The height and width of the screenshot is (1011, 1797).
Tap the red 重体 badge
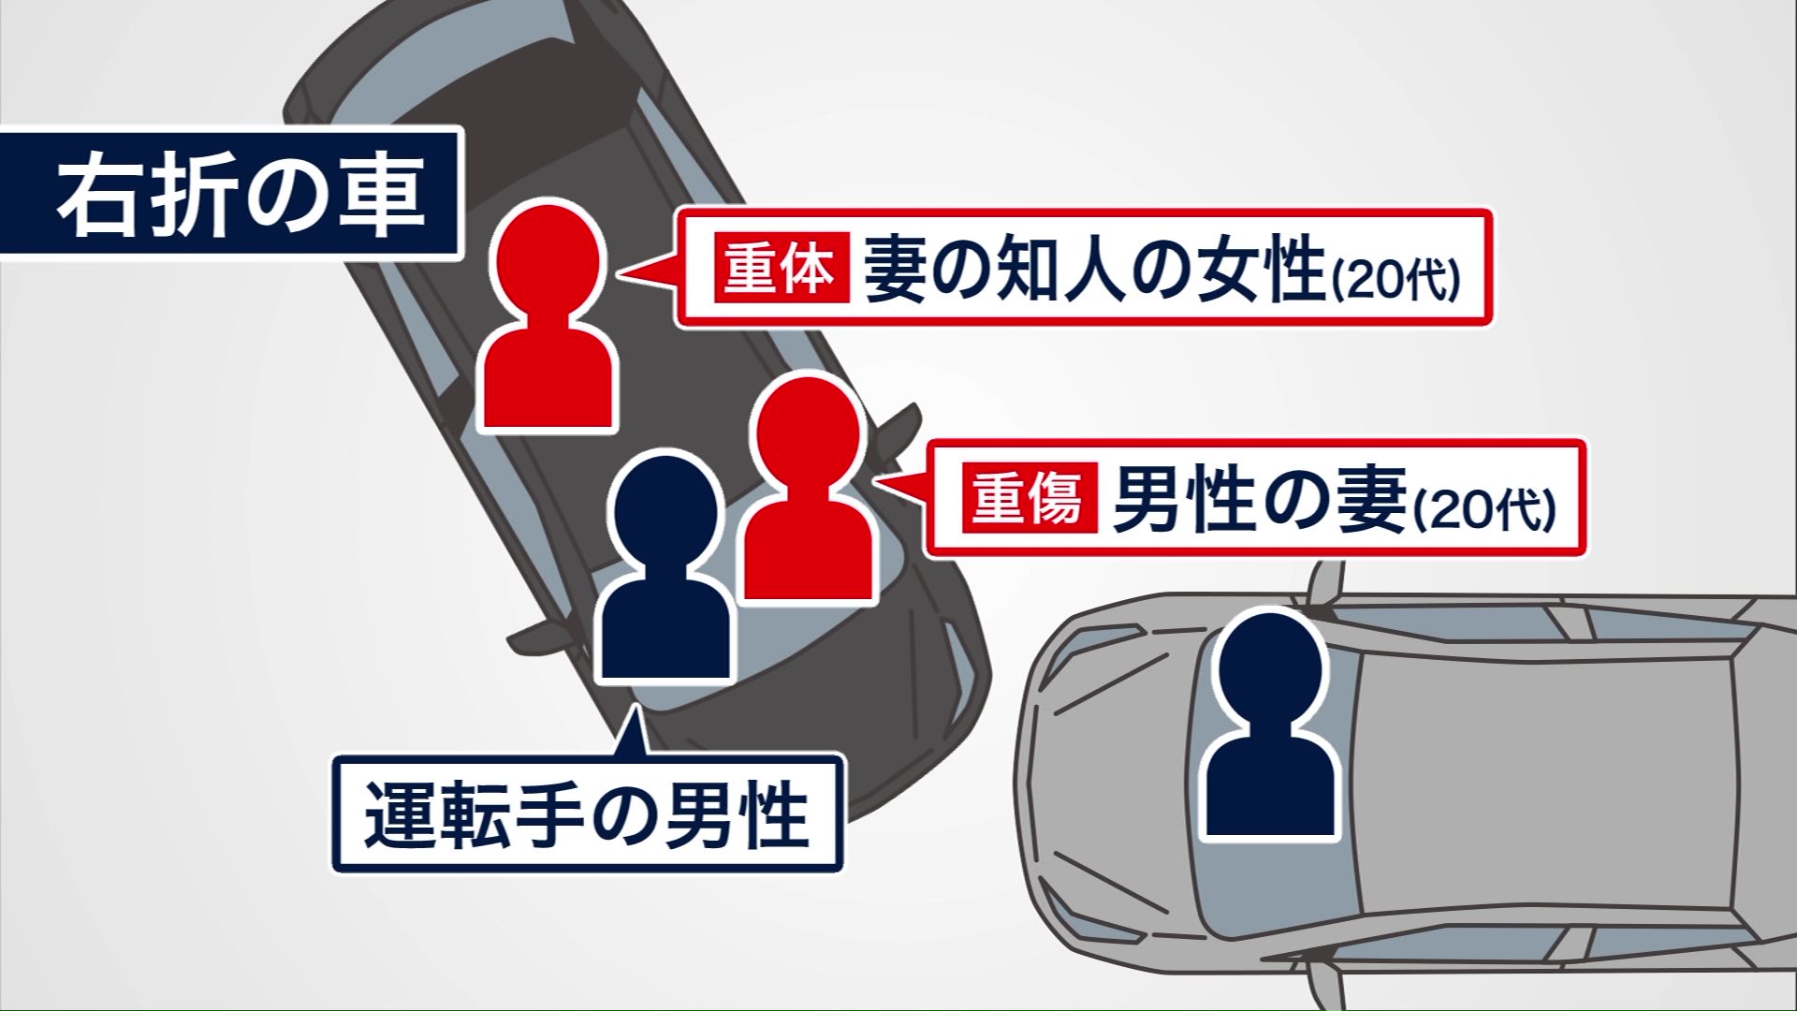[781, 270]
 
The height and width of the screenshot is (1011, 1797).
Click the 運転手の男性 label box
[588, 813]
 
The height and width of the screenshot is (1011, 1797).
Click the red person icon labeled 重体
[548, 318]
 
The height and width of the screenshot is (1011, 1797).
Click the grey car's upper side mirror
[1324, 584]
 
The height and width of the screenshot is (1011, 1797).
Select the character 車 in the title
[379, 194]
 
